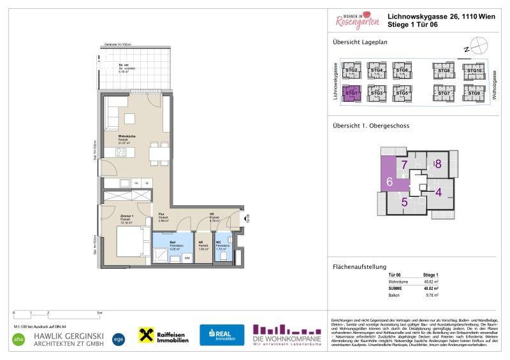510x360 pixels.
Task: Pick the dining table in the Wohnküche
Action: coord(159,153)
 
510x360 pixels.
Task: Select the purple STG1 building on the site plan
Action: coord(351,93)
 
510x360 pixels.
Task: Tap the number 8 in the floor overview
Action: coord(438,164)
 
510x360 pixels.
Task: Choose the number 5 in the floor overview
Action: coord(404,203)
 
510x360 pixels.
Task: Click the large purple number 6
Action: coord(389,182)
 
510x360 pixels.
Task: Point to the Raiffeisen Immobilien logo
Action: coord(164,335)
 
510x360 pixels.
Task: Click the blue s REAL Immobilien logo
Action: coord(222,335)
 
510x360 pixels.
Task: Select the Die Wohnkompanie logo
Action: coord(286,335)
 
